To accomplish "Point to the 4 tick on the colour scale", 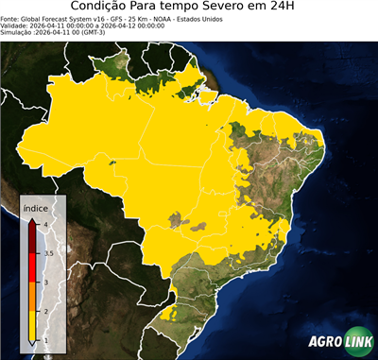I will [x=45, y=224].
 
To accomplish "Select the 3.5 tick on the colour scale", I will [x=47, y=253].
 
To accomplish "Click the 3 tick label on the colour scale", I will [x=45, y=283].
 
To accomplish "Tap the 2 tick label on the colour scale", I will [x=45, y=311].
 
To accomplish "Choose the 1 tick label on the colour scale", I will [x=45, y=340].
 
